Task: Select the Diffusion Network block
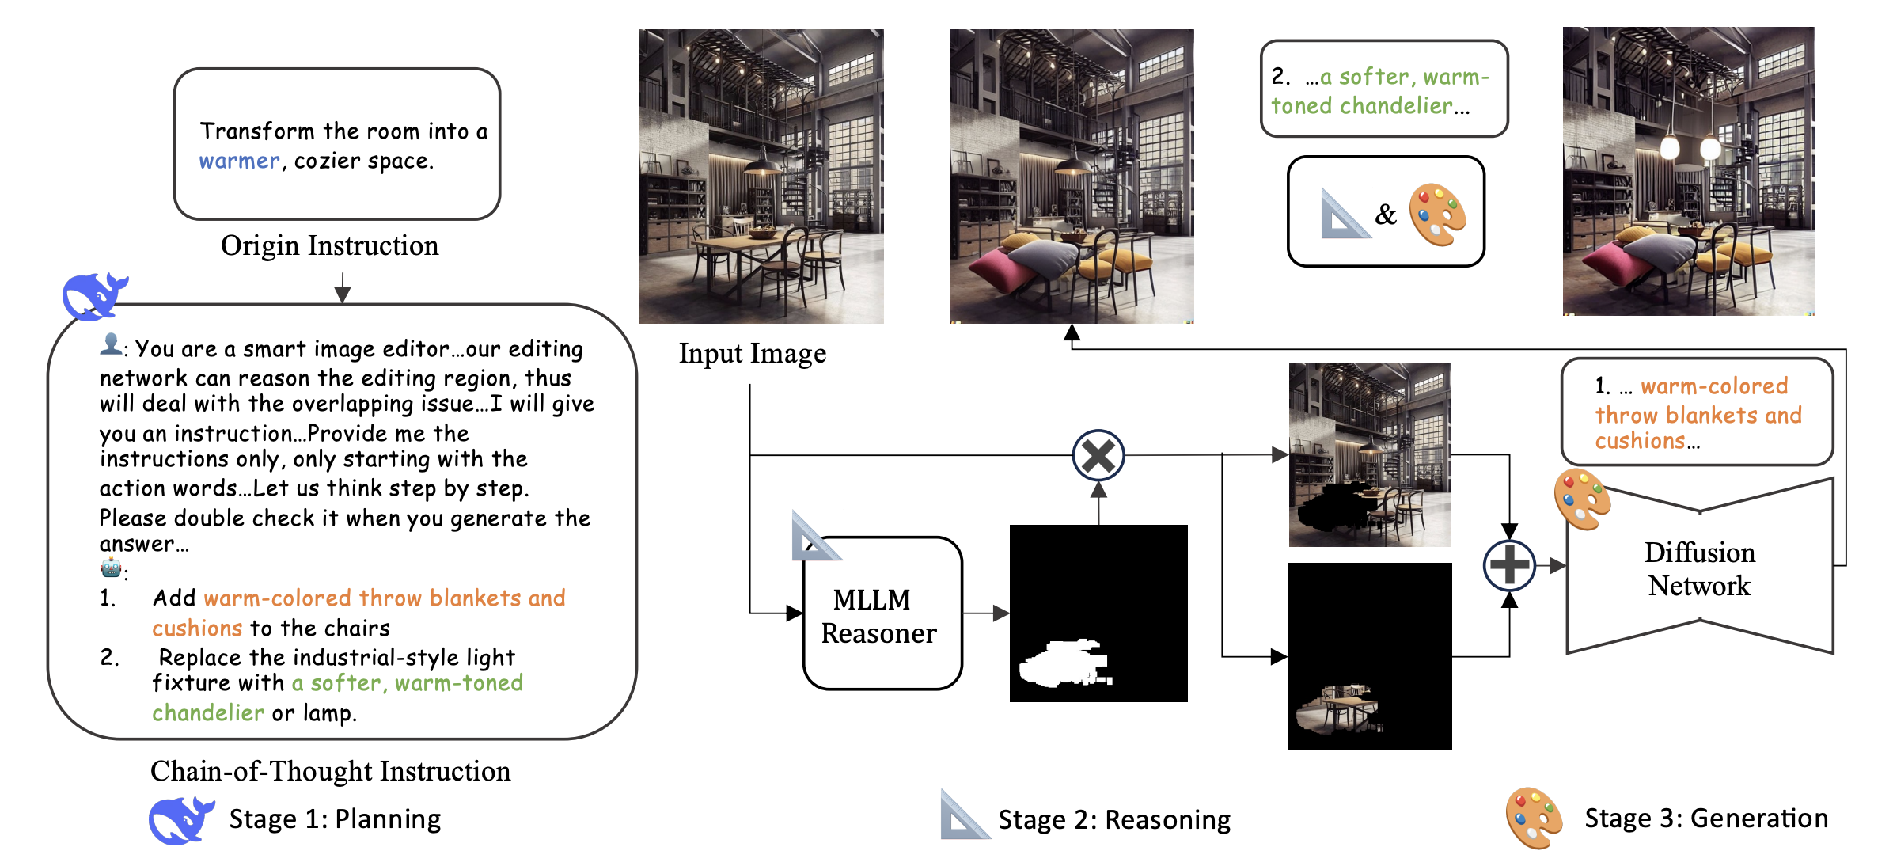pos(1699,568)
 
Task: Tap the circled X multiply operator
pos(1098,455)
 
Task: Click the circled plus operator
pos(1508,565)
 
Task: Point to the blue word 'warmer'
pos(239,161)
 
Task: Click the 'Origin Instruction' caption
pos(329,245)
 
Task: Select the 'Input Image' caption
pos(752,353)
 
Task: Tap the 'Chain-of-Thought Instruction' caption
pos(330,771)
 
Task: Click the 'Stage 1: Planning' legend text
pos(335,819)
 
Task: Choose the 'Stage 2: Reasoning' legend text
pos(1113,820)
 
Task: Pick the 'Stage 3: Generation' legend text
pos(1705,819)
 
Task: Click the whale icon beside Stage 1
pos(180,820)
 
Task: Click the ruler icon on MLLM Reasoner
pos(814,538)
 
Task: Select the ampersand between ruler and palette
pos(1385,214)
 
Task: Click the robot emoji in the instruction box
pos(111,568)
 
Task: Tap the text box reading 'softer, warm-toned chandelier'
pos(1383,89)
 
